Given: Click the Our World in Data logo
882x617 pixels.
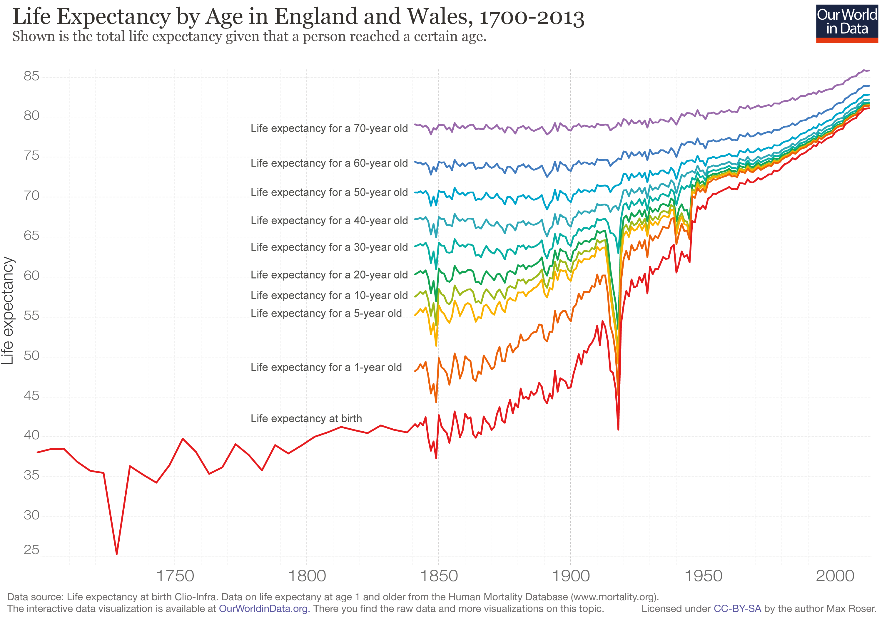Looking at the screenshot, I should pos(847,23).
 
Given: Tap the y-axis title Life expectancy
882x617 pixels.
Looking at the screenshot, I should pos(8,311).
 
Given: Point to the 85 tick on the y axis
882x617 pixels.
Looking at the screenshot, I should pos(31,76).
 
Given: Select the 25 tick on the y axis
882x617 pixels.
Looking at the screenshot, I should pos(31,550).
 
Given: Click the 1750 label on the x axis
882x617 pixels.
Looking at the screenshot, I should pos(175,576).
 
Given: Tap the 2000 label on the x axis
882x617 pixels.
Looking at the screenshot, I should pos(835,576).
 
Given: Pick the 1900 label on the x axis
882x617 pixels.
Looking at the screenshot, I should pos(570,576).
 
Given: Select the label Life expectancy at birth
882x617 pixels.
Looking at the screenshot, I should pos(306,418).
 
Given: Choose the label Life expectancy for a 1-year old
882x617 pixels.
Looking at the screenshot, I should pos(326,368).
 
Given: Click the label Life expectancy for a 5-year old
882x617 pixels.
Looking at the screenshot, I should pos(326,313).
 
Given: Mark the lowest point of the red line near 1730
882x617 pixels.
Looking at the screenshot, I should pos(117,554).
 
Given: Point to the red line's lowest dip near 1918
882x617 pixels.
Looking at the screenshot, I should pos(618,429).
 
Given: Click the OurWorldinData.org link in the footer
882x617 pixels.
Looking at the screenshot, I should pos(263,608).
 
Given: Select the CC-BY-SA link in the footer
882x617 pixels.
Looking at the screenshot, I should pos(737,608).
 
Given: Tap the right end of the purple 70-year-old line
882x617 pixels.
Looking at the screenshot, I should pos(869,71).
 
